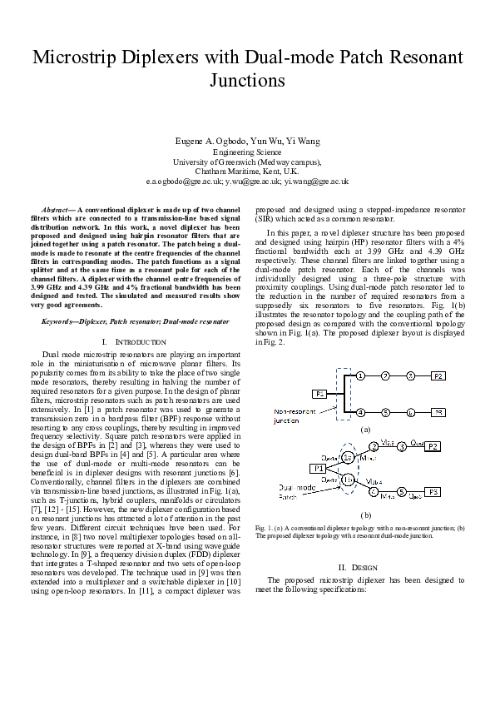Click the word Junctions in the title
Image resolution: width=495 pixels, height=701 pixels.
click(247, 81)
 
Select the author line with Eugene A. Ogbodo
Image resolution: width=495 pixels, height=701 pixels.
click(247, 142)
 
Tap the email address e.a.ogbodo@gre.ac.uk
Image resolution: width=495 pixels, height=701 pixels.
click(181, 180)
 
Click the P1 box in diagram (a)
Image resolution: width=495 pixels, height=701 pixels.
click(320, 393)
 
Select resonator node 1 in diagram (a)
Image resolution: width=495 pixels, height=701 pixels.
click(359, 376)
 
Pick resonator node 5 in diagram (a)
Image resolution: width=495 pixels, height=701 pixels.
click(385, 411)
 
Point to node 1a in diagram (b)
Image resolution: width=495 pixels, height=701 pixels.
click(349, 458)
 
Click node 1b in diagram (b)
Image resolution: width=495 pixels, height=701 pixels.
click(349, 481)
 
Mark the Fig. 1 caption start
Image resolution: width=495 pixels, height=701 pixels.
click(265, 528)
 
